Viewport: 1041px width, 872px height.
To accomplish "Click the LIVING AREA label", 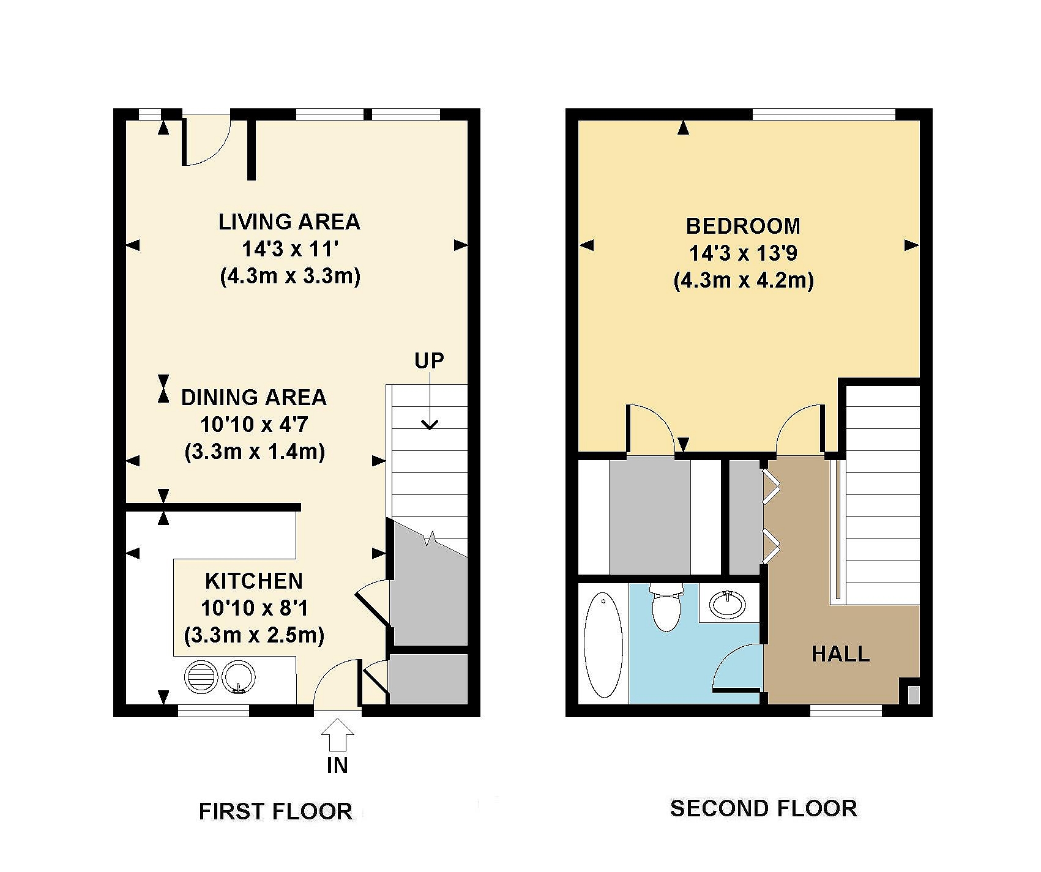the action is [289, 222].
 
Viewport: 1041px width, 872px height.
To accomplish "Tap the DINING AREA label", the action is [254, 398].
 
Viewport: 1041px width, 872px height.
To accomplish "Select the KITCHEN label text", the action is [254, 581].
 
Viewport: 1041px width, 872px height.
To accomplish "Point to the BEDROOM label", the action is [743, 226].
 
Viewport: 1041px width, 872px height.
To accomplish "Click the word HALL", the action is [840, 654].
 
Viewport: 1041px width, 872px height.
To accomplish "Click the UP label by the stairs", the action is [429, 361].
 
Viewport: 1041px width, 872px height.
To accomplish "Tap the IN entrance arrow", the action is [337, 734].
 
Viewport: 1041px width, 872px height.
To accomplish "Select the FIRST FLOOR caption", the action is [275, 812].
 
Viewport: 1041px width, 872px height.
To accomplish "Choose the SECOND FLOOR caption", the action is [764, 809].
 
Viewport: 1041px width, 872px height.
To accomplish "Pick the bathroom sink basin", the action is [728, 605].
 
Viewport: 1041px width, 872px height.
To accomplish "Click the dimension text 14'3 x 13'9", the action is [743, 253].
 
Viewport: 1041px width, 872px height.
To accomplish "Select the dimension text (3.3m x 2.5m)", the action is [254, 635].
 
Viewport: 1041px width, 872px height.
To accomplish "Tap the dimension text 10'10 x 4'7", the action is [254, 425].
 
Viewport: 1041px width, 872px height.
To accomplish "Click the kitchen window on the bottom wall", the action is [214, 710].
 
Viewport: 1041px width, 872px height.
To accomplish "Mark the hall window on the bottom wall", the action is [846, 710].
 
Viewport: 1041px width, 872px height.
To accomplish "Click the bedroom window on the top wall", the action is [824, 114].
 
